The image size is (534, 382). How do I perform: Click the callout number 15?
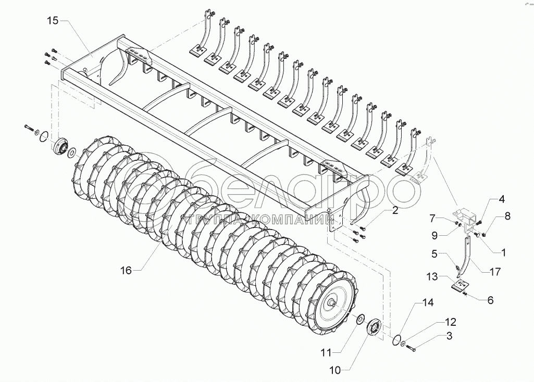pos(53,21)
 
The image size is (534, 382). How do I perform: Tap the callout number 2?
pos(395,210)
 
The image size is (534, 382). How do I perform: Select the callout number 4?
pos(501,199)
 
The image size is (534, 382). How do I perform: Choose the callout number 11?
pos(325,352)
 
